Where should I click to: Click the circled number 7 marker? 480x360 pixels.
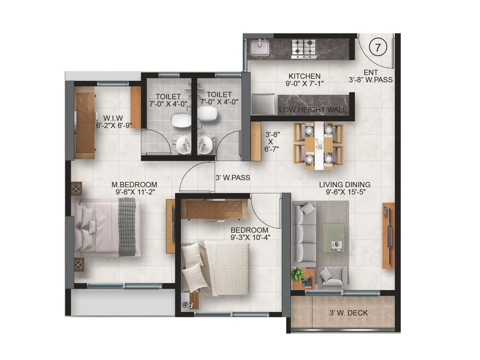[x=377, y=47]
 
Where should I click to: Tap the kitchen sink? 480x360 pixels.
[x=260, y=48]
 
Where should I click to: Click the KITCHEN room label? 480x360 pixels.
[x=304, y=76]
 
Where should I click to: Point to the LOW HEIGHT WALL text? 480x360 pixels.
[x=312, y=110]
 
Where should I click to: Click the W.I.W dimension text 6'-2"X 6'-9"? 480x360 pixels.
[x=114, y=125]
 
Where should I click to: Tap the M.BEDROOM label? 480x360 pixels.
[x=134, y=184]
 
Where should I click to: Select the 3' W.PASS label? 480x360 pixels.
[x=233, y=178]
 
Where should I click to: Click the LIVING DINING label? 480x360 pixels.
[x=345, y=184]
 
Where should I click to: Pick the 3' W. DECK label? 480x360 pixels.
[x=348, y=313]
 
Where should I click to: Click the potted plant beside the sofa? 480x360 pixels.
[x=297, y=274]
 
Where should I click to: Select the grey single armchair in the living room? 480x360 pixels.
[x=330, y=277]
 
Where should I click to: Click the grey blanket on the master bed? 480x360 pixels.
[x=127, y=226]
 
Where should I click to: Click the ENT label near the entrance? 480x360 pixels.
[x=370, y=72]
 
